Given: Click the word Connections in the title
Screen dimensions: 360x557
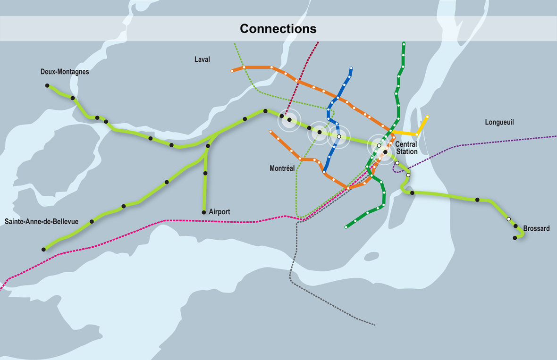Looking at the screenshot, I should tap(278, 29).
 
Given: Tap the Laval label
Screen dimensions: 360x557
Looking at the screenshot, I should tap(202, 59).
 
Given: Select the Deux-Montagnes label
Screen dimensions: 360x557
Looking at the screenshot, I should tap(65, 72).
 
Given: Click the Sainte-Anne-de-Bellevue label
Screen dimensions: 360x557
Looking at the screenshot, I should tap(42, 221).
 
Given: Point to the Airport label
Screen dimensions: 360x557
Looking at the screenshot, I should tap(219, 212).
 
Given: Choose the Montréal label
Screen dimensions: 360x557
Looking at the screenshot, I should tap(282, 168).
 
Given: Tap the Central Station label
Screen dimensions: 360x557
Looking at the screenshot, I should tap(406, 148).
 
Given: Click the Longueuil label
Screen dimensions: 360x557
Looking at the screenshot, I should tap(499, 122).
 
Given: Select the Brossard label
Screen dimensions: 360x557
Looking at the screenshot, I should tap(536, 228).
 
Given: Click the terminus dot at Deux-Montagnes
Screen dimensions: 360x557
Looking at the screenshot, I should tap(47, 85).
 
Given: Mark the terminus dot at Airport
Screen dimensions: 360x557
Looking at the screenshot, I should tap(204, 212).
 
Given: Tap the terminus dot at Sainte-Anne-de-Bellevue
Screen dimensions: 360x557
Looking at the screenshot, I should tap(43, 249).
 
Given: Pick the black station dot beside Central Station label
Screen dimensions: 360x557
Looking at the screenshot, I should tap(386, 152).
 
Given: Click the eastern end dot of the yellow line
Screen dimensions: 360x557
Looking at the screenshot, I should tap(427, 117).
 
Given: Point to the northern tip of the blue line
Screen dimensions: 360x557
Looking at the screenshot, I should tap(351, 68).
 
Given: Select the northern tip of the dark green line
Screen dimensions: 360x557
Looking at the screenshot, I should tap(404, 44).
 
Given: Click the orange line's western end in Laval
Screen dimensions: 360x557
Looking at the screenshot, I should tap(233, 71).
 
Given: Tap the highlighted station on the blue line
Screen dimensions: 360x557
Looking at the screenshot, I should tap(338, 136).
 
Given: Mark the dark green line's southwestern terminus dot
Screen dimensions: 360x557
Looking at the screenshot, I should tap(346, 227).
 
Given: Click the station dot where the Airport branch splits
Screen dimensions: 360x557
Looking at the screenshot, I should tap(208, 146).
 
